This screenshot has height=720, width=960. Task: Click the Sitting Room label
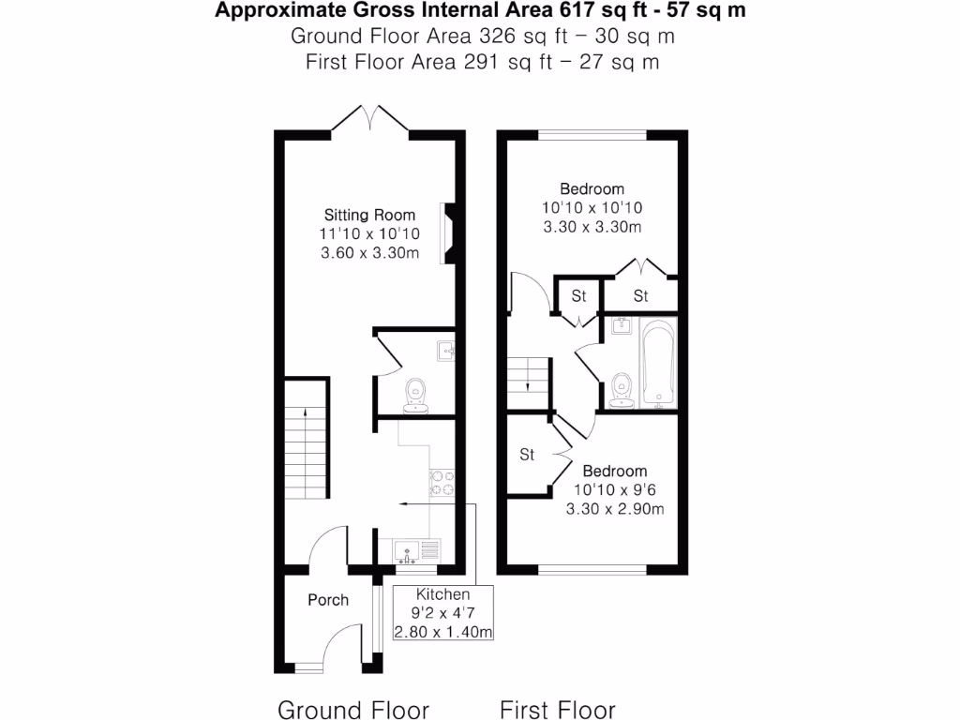(x=369, y=214)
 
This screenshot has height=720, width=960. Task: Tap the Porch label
(x=328, y=600)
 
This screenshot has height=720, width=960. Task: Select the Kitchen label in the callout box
(x=442, y=594)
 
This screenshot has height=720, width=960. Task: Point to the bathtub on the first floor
(x=661, y=364)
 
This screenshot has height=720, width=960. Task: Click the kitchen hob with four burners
(x=442, y=482)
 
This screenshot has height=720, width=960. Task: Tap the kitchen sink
(x=409, y=549)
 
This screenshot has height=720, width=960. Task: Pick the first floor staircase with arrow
(x=526, y=375)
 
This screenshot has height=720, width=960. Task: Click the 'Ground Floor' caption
(x=353, y=709)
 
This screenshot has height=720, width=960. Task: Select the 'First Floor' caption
(x=557, y=709)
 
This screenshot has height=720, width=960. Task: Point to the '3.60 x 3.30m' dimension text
(x=369, y=253)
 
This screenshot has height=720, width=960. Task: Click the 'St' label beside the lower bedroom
(x=527, y=456)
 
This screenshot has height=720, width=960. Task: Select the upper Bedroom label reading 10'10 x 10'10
(x=592, y=188)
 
